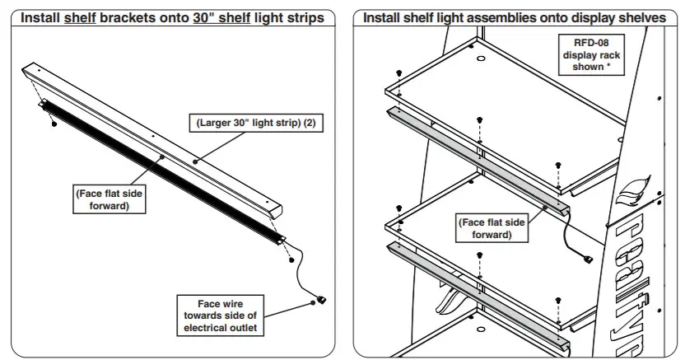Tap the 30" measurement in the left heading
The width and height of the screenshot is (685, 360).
(204, 17)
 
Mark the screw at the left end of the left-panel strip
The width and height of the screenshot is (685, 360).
(54, 124)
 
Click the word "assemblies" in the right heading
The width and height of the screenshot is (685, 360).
(472, 17)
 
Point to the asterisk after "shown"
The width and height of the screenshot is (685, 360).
(608, 67)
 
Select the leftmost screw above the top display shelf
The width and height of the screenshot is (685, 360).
(398, 74)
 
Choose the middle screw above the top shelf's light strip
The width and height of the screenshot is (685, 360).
(478, 121)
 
